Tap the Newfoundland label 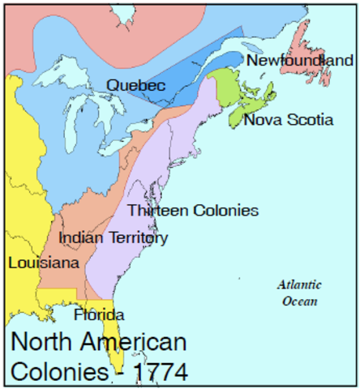click(x=300, y=61)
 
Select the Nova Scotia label click(x=288, y=120)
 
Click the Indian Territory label click(x=114, y=238)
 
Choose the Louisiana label click(x=44, y=263)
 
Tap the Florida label click(x=99, y=314)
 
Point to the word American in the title click(x=138, y=341)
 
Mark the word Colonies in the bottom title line click(x=57, y=371)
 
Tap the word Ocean click(x=299, y=301)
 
